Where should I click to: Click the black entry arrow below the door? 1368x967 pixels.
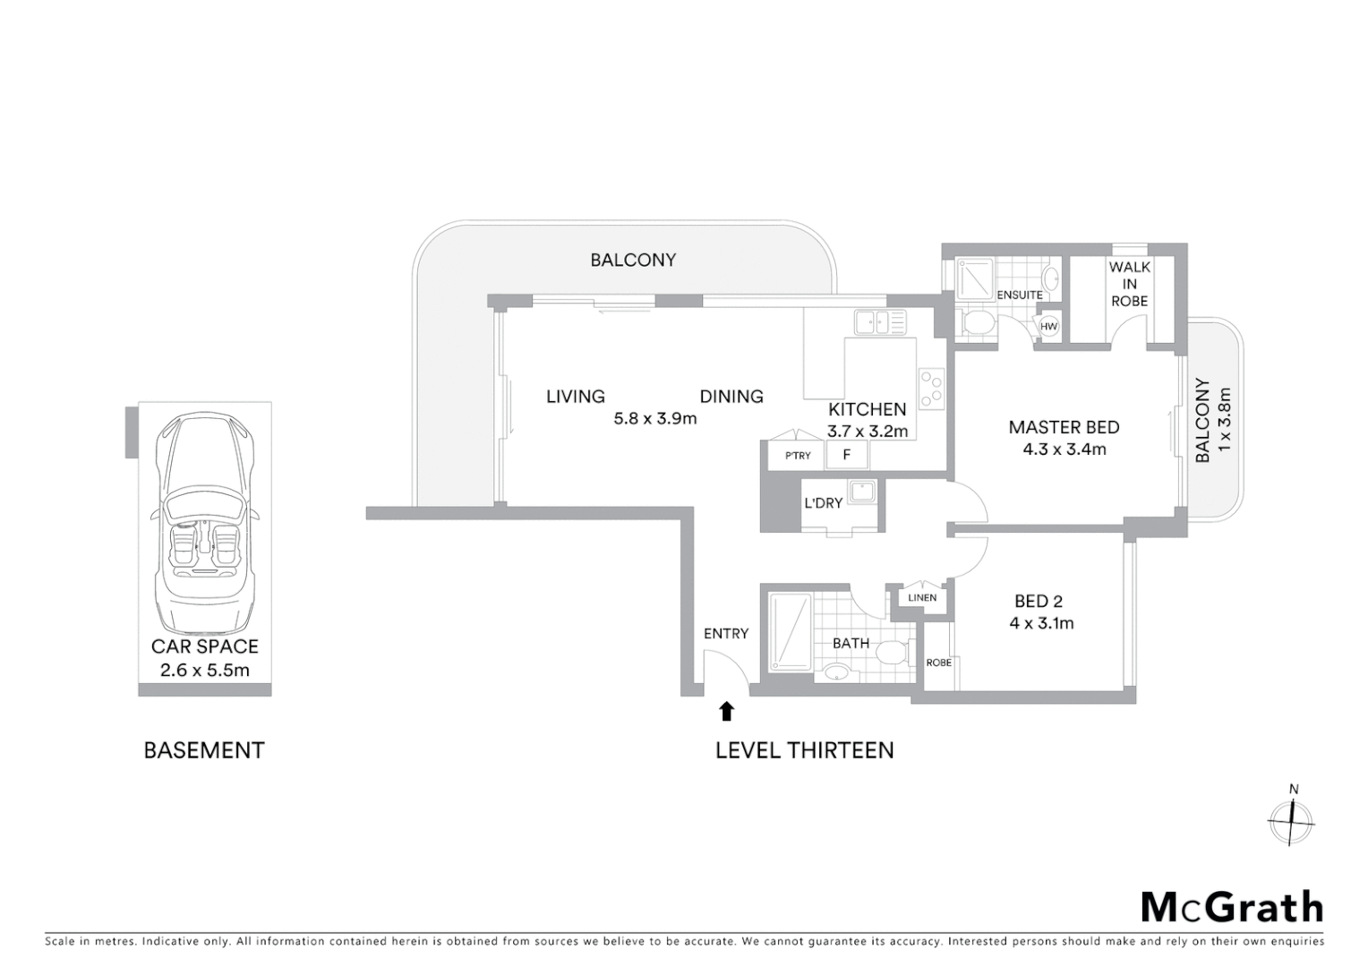click(x=727, y=711)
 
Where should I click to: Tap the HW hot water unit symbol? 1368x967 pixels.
click(x=1048, y=327)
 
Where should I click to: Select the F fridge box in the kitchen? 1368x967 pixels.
click(x=846, y=455)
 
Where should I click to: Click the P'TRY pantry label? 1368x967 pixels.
click(x=798, y=456)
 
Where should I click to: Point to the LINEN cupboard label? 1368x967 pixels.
click(x=922, y=597)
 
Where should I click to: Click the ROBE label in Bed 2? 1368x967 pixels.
click(x=939, y=663)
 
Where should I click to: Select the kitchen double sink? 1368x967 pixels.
click(x=879, y=321)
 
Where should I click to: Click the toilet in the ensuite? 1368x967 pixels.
click(x=974, y=322)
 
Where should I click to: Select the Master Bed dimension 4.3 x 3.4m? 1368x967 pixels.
click(x=1064, y=449)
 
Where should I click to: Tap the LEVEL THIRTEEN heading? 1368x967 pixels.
click(x=804, y=750)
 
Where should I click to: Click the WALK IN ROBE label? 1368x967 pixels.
click(x=1129, y=284)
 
